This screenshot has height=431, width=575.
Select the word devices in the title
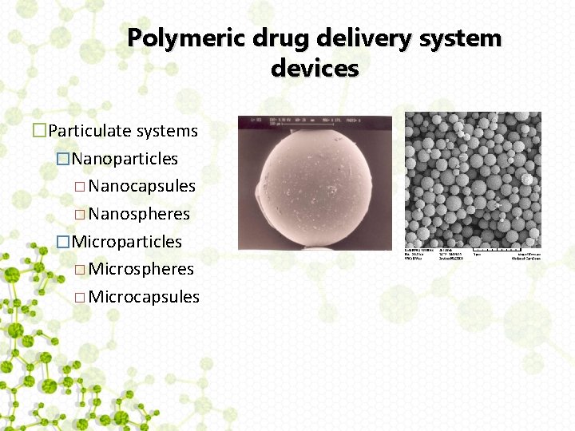click(x=315, y=69)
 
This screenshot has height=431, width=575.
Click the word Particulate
click(x=90, y=131)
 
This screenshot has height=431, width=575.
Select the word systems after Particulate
click(x=167, y=131)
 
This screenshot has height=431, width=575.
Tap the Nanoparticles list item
click(x=125, y=159)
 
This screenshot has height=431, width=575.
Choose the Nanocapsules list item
click(x=142, y=186)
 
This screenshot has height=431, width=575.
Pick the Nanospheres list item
click(x=140, y=214)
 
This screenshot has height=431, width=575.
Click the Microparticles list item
click(x=127, y=241)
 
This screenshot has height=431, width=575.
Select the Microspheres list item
click(x=141, y=269)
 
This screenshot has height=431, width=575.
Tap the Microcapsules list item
click(x=144, y=297)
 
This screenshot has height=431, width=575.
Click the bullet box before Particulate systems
click(x=38, y=131)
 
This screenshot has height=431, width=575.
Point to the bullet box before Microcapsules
click(x=78, y=298)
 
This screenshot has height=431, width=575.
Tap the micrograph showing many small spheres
click(x=473, y=179)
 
